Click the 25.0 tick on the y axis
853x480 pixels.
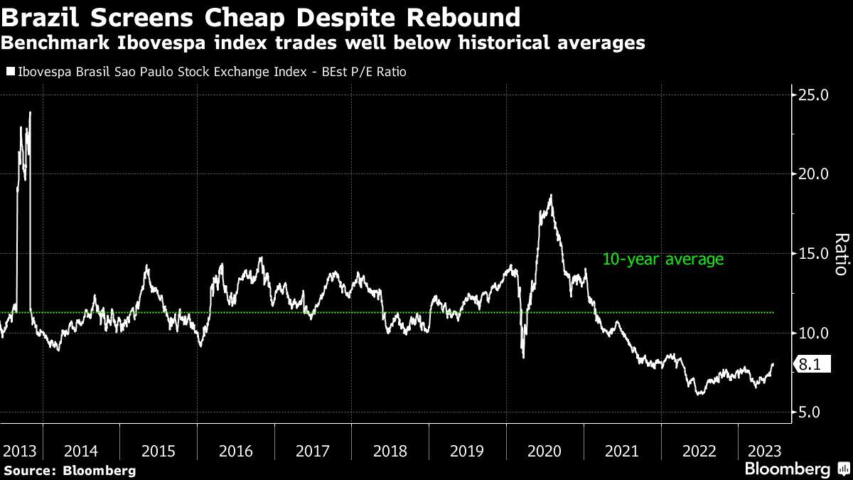[x=815, y=95]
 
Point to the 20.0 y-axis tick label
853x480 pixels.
[x=815, y=174]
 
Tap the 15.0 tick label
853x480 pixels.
[x=815, y=254]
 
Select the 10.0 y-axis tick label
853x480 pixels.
[x=815, y=333]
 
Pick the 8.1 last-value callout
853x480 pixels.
[x=810, y=365]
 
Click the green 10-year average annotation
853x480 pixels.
[x=662, y=260]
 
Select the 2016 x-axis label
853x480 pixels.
[x=236, y=451]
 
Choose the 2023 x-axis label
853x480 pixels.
[x=765, y=451]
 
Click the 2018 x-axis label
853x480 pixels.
[x=390, y=451]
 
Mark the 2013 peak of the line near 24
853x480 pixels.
[x=30, y=112]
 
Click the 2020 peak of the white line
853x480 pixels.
[x=550, y=195]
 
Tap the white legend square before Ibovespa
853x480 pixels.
[x=10, y=72]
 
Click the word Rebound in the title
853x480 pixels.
[x=462, y=16]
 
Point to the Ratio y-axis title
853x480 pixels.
[x=841, y=254]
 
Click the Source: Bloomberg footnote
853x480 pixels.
[x=69, y=470]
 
